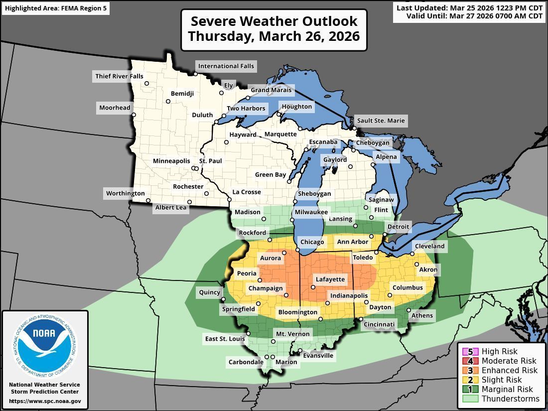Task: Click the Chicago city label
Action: coord(312,242)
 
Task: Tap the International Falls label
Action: coord(226,66)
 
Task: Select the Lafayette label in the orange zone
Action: coord(330,279)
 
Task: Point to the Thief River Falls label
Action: coord(119,76)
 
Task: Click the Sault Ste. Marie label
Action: coord(381,121)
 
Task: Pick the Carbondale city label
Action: coord(246,362)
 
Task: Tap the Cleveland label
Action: coord(429,246)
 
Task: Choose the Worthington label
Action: coord(125,193)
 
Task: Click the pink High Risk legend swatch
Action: coord(470,352)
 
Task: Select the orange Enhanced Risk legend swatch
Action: coord(470,371)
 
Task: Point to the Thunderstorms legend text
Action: coord(510,399)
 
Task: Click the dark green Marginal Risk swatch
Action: coord(470,389)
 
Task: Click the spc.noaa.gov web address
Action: coord(45,401)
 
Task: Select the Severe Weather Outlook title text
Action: coord(274,21)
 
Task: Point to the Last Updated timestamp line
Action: coord(469,8)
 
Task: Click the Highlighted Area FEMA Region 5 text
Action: coord(55,8)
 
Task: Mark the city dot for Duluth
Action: coord(217,122)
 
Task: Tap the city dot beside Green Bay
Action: coord(289,181)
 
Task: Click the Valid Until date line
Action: coord(474,16)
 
